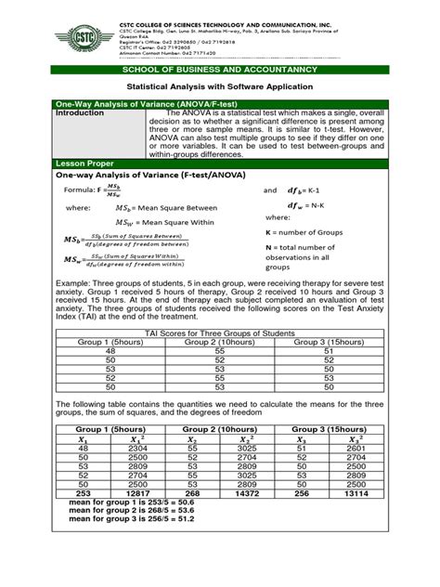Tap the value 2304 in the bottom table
[136, 448]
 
